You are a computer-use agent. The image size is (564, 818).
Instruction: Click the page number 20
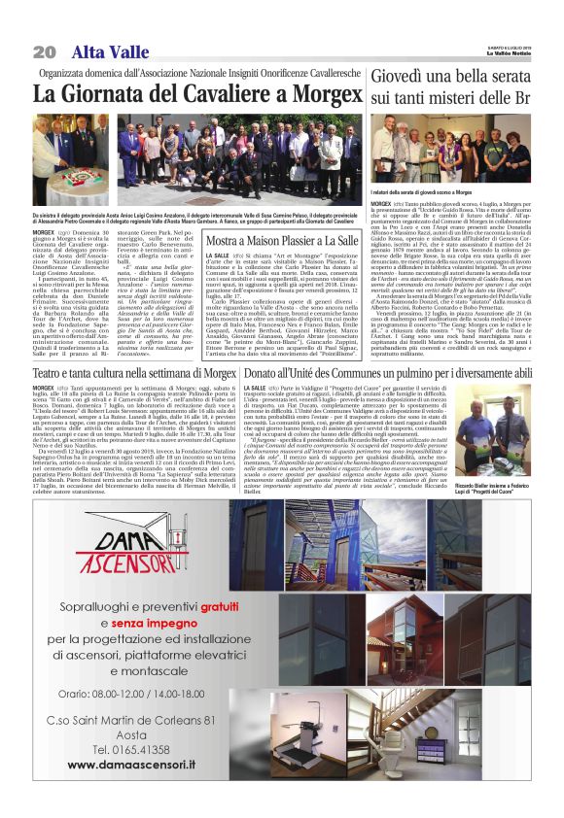(44, 51)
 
